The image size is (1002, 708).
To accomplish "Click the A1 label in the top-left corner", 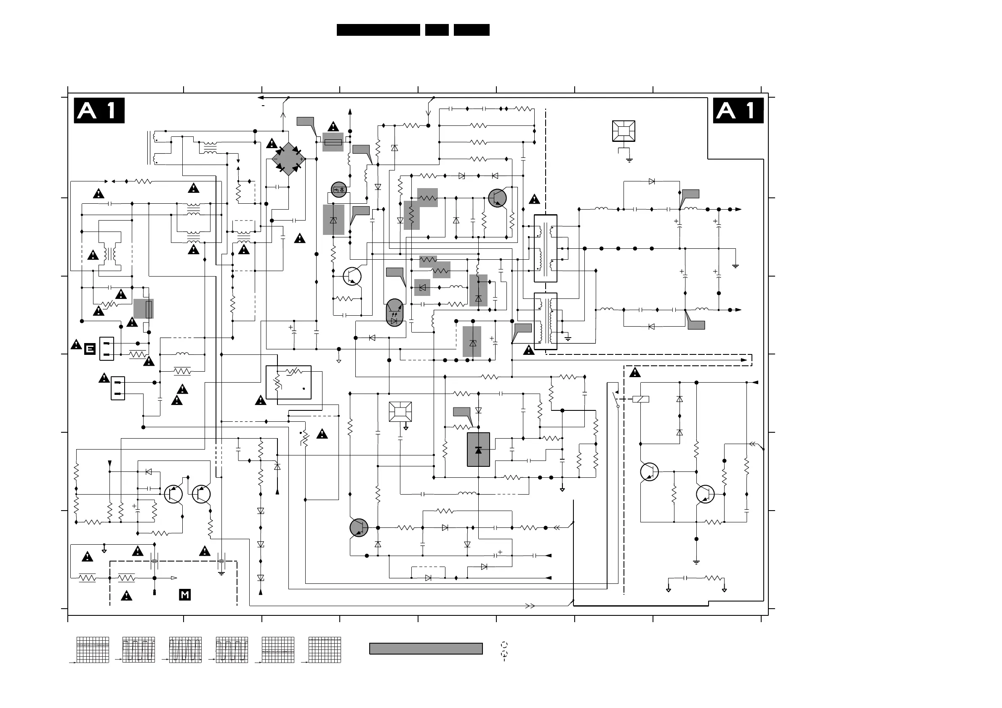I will (99, 110).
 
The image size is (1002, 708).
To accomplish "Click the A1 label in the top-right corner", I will (738, 110).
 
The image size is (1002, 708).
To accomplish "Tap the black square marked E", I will (89, 349).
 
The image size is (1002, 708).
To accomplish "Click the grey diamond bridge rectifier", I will (288, 159).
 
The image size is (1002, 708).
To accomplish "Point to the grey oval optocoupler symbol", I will (394, 313).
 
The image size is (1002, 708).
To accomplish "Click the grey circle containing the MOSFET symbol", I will (338, 189).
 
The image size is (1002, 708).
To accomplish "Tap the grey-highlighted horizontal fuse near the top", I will (333, 142).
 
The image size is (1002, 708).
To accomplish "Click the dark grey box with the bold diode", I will (478, 450).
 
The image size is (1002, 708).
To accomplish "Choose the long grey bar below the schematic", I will (426, 649).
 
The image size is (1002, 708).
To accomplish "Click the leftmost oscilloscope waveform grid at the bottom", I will (93, 649).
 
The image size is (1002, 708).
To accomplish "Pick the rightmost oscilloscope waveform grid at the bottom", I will (324, 649).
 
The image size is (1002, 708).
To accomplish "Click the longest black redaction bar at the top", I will (378, 29).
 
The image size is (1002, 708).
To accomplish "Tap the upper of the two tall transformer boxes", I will (546, 248).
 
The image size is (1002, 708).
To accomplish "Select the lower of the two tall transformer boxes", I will (546, 321).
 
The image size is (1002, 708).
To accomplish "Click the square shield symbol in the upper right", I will (624, 131).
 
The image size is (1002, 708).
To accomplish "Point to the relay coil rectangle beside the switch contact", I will (641, 399).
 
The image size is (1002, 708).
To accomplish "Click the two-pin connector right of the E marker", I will (107, 349).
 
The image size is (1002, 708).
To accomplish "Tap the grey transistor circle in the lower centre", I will (359, 527).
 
